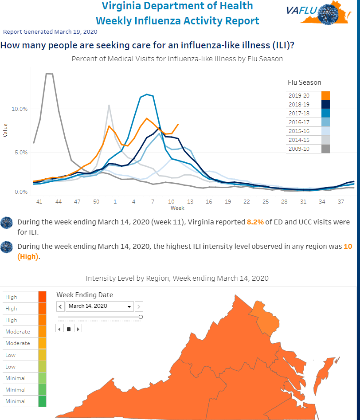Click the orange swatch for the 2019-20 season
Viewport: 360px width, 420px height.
click(x=325, y=96)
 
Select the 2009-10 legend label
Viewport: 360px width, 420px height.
click(x=299, y=149)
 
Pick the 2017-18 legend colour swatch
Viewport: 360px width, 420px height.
click(x=325, y=113)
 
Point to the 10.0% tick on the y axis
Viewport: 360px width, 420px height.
click(x=20, y=109)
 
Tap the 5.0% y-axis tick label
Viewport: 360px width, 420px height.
click(x=20, y=153)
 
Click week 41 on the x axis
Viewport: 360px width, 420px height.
click(x=39, y=202)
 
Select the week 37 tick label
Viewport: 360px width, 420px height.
click(x=340, y=202)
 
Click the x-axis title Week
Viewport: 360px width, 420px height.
click(x=177, y=208)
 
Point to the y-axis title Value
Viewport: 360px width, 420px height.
click(x=5, y=130)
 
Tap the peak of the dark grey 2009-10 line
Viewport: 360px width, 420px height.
click(x=49, y=73)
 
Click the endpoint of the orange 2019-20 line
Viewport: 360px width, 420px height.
click(x=178, y=124)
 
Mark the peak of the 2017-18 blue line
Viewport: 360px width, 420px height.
click(x=147, y=94)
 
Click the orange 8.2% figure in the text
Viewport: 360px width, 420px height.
click(x=255, y=222)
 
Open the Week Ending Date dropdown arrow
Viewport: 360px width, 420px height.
click(x=129, y=306)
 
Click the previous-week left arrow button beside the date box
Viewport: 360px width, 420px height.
click(x=60, y=306)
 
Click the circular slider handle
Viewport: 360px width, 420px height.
click(x=141, y=317)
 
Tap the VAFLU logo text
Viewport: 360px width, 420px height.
click(x=302, y=11)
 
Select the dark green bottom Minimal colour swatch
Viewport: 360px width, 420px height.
click(x=42, y=401)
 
